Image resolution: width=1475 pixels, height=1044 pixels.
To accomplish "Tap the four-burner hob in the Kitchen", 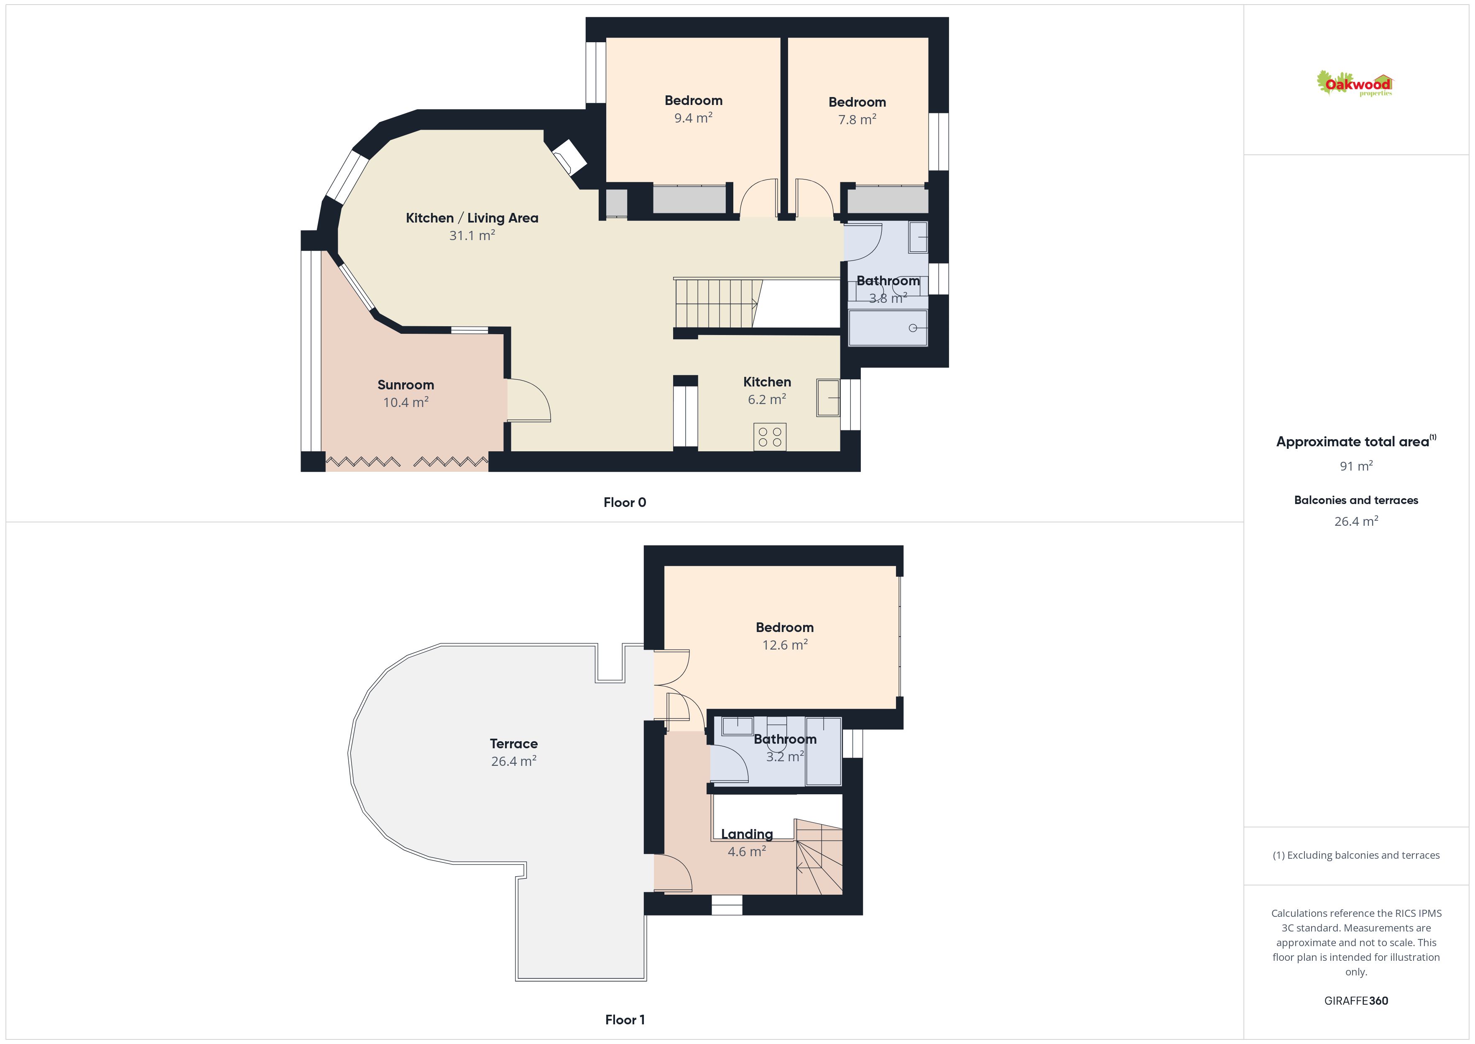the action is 770,437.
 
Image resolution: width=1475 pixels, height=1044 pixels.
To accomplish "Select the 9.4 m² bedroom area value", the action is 693,118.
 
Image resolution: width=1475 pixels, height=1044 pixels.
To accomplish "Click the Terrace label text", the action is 513,744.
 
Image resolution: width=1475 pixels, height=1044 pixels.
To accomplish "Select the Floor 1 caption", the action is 625,1020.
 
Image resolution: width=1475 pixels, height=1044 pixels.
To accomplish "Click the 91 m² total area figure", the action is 1356,466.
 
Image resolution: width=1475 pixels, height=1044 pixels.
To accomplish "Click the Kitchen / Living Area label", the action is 472,218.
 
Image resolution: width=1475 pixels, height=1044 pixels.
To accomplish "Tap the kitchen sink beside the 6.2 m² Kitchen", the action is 828,398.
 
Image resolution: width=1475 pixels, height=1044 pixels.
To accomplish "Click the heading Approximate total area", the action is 1353,442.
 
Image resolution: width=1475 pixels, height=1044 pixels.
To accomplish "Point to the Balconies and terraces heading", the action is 1356,500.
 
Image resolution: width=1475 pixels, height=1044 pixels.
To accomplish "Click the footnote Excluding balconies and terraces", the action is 1356,855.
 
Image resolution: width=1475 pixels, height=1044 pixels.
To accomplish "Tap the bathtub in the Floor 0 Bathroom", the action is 888,328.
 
